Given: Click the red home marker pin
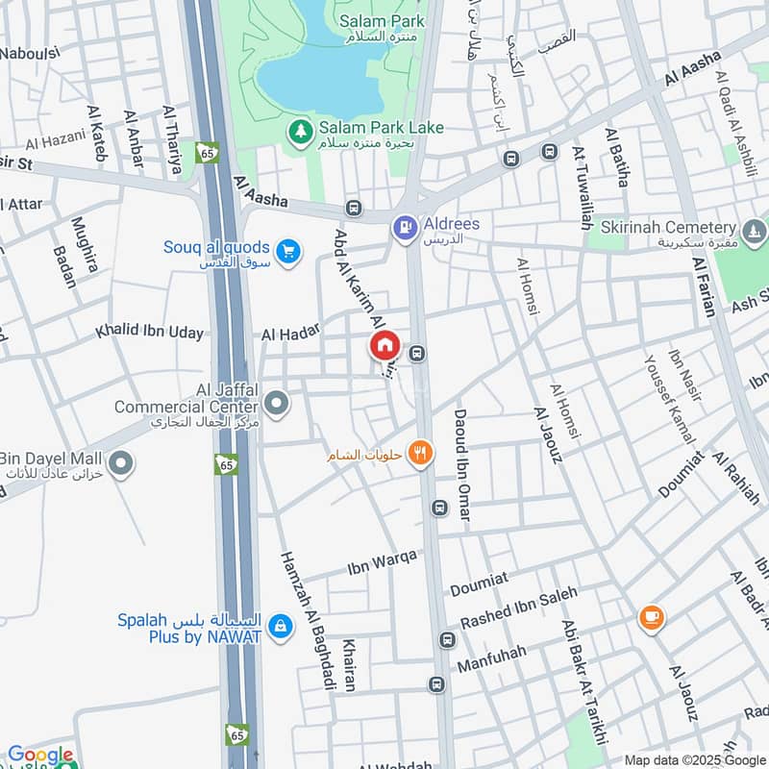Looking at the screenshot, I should click(384, 344).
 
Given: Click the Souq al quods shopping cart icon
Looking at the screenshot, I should click(287, 253).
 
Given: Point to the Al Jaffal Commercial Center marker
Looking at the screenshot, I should click(277, 405).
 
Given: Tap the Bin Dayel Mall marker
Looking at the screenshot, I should click(120, 466).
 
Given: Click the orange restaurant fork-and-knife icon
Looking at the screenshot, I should click(419, 452).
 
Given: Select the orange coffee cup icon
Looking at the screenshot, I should click(652, 617).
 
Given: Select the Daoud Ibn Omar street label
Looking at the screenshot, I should click(460, 465).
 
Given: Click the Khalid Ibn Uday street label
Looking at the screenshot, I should click(149, 333).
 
